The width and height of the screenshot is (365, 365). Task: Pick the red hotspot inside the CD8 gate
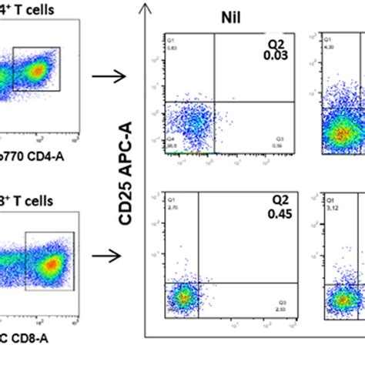pyautogui.click(x=49, y=265)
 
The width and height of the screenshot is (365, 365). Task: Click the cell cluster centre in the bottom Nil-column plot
pyautogui.click(x=182, y=296)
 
